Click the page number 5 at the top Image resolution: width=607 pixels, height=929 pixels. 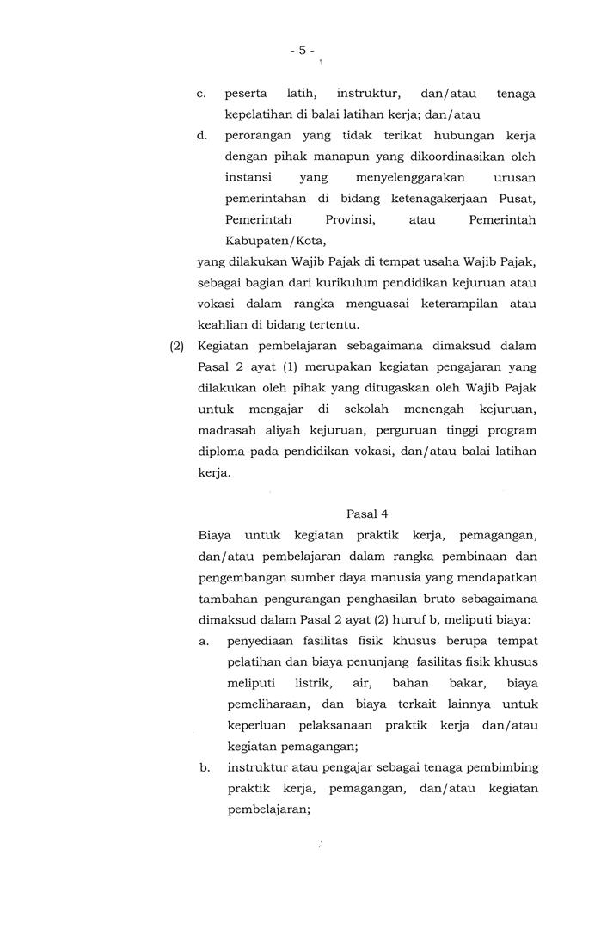click(303, 51)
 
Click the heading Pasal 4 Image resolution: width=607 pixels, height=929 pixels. click(367, 514)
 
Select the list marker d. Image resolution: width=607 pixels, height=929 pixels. click(201, 136)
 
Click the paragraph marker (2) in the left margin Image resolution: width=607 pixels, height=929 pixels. click(176, 346)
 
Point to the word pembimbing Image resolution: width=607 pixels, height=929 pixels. click(504, 767)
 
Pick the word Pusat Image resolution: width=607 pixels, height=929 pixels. click(518, 199)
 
